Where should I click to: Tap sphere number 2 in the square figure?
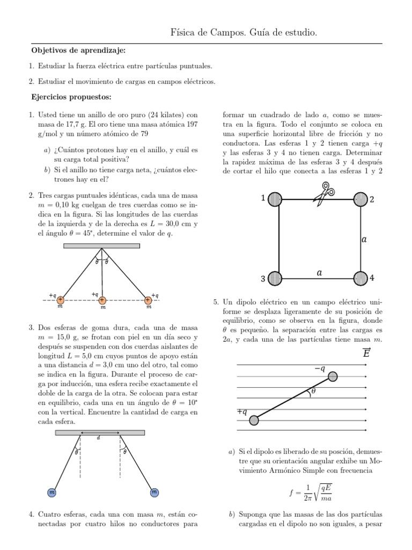click(360, 199)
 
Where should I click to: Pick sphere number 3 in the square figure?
click(274, 278)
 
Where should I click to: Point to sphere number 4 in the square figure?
click(360, 278)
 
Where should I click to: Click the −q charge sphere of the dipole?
click(333, 376)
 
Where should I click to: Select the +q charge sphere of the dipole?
click(254, 420)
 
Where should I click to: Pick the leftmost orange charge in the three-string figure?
click(61, 300)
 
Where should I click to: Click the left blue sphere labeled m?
click(53, 492)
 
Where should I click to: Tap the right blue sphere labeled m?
click(154, 492)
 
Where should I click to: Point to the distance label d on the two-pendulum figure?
click(99, 438)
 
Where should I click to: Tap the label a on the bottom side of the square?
click(320, 273)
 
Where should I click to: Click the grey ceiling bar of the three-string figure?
click(102, 246)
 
